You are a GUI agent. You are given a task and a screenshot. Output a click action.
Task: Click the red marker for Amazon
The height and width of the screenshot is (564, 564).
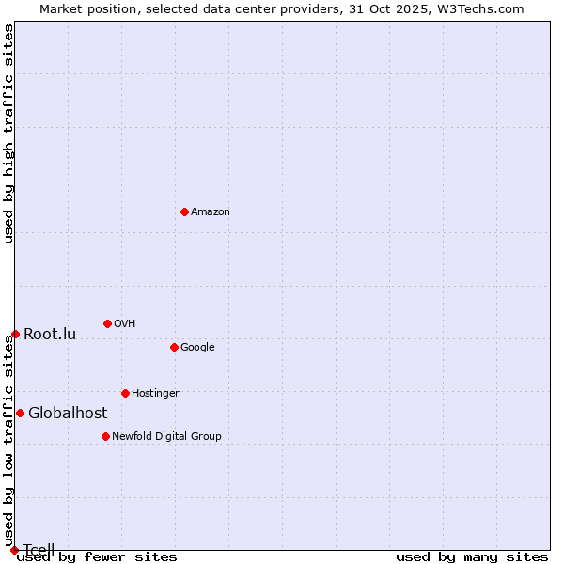pyautogui.click(x=184, y=211)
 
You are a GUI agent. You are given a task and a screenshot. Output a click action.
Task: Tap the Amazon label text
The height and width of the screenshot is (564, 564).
pyautogui.click(x=211, y=212)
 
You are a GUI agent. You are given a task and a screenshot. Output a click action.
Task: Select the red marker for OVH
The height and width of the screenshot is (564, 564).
pyautogui.click(x=107, y=323)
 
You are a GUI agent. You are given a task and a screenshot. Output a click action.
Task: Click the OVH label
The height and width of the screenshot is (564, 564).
pyautogui.click(x=125, y=324)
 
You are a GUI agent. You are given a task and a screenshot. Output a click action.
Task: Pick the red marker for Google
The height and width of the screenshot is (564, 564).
pyautogui.click(x=174, y=347)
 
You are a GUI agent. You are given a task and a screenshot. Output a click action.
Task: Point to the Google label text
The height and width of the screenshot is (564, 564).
pyautogui.click(x=197, y=348)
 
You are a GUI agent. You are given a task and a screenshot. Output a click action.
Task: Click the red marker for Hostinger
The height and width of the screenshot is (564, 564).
pyautogui.click(x=125, y=393)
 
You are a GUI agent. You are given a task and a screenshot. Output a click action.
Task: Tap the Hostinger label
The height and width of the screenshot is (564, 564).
pyautogui.click(x=155, y=394)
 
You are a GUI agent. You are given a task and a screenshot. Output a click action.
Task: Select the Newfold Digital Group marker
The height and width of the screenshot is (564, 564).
pyautogui.click(x=105, y=436)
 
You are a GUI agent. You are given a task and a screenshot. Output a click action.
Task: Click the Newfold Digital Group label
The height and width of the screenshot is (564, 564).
pyautogui.click(x=166, y=436)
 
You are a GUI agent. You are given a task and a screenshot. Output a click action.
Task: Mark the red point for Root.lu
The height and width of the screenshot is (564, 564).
pyautogui.click(x=15, y=334)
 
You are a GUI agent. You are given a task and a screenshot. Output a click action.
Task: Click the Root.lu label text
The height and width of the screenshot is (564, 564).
pyautogui.click(x=50, y=335)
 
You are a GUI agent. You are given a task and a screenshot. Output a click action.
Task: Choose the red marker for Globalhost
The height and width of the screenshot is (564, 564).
pyautogui.click(x=20, y=413)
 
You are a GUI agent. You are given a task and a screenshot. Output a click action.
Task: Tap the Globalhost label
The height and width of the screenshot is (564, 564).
pyautogui.click(x=68, y=414)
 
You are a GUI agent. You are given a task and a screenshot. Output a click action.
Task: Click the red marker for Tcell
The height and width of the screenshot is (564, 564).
pyautogui.click(x=14, y=550)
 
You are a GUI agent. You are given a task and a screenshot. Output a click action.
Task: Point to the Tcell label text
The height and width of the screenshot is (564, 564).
pyautogui.click(x=39, y=550)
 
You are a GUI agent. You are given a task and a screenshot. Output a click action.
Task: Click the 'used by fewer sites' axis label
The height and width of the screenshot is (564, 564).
pyautogui.click(x=97, y=557)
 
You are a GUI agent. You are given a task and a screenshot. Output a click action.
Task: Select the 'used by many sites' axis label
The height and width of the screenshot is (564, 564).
pyautogui.click(x=472, y=557)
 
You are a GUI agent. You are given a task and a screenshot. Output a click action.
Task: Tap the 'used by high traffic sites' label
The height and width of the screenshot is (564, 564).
pyautogui.click(x=8, y=133)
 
